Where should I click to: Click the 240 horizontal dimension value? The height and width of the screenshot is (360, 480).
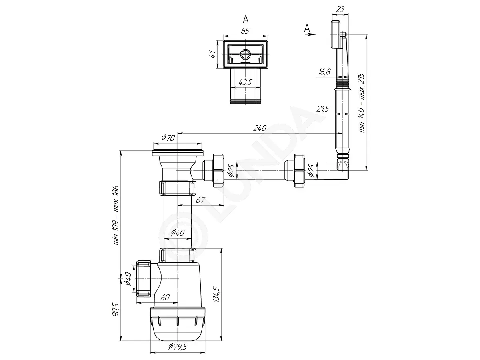pos(260,128)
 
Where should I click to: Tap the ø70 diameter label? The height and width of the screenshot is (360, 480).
pos(168,138)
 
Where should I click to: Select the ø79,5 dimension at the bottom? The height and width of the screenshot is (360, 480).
pos(178,346)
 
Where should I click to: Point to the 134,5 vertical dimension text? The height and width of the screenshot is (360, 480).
pos(216,294)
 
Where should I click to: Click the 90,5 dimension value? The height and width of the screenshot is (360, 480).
pos(116,310)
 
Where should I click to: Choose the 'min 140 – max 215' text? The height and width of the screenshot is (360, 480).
pos(362,103)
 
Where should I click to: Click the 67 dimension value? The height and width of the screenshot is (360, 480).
pos(200,200)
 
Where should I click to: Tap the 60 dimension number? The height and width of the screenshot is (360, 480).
pos(165,297)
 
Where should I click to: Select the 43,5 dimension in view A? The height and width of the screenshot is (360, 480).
pos(245,82)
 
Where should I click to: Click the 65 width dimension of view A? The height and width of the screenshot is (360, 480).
pos(245,31)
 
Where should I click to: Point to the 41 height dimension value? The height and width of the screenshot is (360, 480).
pos(212,54)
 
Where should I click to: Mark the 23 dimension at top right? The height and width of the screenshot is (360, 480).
pos(340,9)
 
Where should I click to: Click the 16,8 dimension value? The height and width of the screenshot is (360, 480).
pos(324,72)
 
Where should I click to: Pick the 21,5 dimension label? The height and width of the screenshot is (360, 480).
pos(323,108)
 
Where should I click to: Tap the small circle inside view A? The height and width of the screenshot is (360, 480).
pos(245,54)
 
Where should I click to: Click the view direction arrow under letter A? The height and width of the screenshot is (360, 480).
pos(310,34)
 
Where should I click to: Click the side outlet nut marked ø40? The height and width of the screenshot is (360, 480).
pos(144,279)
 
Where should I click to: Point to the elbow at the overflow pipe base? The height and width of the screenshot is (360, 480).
pos(343,170)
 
